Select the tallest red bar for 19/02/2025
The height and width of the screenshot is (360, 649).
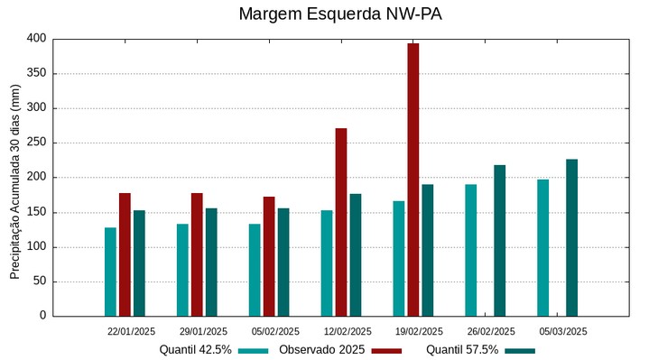pyautogui.click(x=413, y=180)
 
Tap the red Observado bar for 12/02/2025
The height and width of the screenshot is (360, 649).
pyautogui.click(x=341, y=222)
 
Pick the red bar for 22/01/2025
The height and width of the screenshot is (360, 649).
pyautogui.click(x=125, y=254)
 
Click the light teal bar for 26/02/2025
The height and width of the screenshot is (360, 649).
pyautogui.click(x=470, y=250)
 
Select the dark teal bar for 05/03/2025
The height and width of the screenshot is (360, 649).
pyautogui.click(x=571, y=237)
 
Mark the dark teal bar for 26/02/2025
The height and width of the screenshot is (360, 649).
pyautogui.click(x=499, y=240)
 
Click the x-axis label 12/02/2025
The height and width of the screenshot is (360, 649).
pyautogui.click(x=348, y=331)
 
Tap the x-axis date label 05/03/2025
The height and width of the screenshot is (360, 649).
pyautogui.click(x=563, y=331)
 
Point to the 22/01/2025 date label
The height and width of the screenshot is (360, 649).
pyautogui.click(x=131, y=331)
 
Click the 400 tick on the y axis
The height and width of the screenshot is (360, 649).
pyautogui.click(x=35, y=39)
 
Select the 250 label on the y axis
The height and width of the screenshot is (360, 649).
pyautogui.click(x=35, y=143)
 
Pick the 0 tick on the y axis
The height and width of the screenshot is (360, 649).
pyautogui.click(x=42, y=316)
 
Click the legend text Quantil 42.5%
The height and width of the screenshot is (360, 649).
pyautogui.click(x=196, y=350)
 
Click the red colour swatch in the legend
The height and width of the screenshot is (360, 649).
pyautogui.click(x=386, y=351)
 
